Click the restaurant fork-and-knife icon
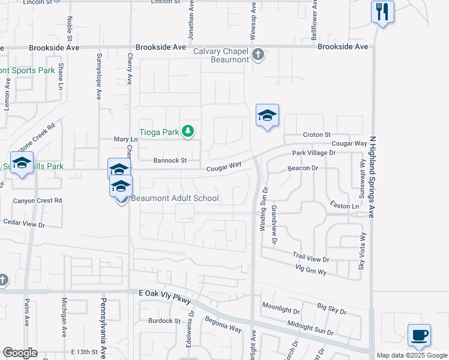point(382,11)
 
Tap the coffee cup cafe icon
point(418,334)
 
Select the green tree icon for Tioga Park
point(188,131)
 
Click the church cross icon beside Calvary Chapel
point(258,55)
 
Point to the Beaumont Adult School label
point(175,198)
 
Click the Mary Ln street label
point(126,139)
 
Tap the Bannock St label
point(170,161)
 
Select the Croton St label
point(317,134)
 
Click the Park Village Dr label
point(313,153)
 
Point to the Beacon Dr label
point(303,169)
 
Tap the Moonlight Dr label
point(280,310)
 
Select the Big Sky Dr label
point(331,309)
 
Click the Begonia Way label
point(223,326)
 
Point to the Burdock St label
point(164,321)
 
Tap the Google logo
point(20,353)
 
